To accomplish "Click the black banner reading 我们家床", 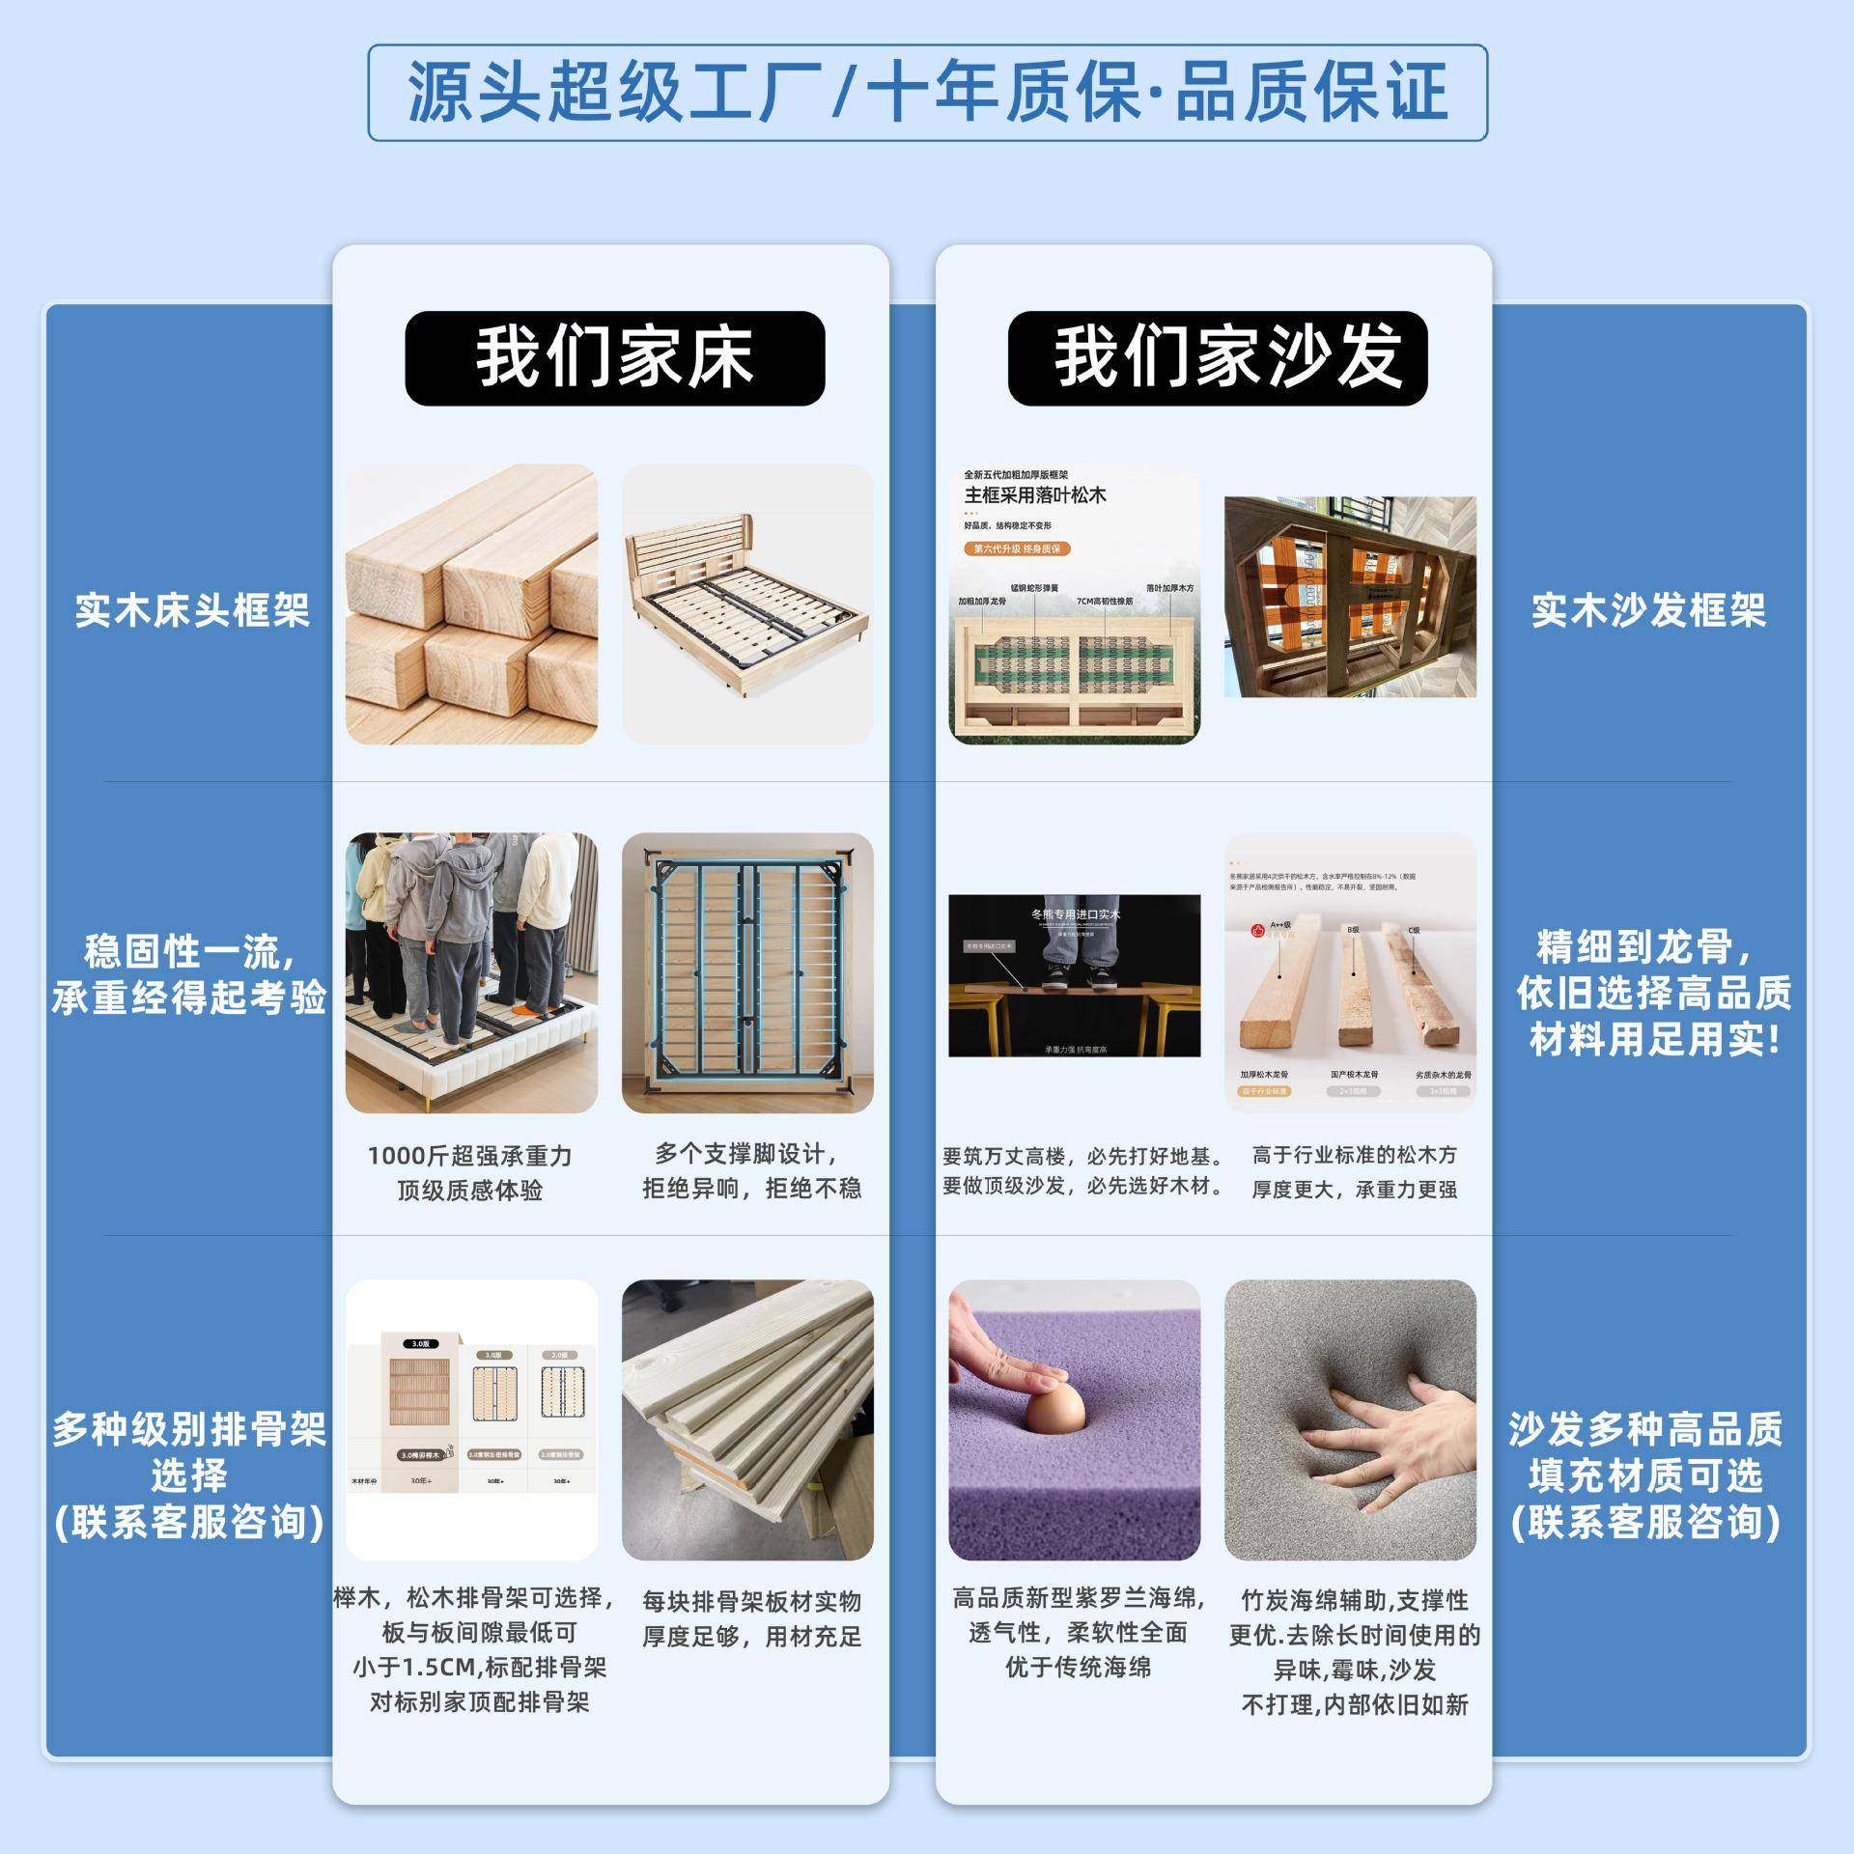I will [614, 357].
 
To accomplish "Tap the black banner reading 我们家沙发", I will [1217, 357].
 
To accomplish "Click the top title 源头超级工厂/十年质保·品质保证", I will [927, 93].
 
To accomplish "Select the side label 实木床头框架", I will [192, 610].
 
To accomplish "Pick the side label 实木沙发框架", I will [1648, 610].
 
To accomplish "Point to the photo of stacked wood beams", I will [471, 604].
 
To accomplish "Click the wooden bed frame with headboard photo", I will [747, 604].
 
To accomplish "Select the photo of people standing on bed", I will [471, 972].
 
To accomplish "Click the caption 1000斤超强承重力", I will [470, 1156].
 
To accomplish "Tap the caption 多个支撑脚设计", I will [746, 1154].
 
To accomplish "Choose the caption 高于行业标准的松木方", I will [1354, 1155].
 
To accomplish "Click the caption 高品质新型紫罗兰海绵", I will [1078, 1598].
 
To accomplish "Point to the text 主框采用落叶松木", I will [1035, 495].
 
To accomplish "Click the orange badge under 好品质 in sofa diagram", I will [1017, 548].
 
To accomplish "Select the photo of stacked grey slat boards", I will [747, 1419].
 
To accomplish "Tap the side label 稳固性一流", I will [189, 951].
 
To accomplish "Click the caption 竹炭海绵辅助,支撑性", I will [1354, 1600].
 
